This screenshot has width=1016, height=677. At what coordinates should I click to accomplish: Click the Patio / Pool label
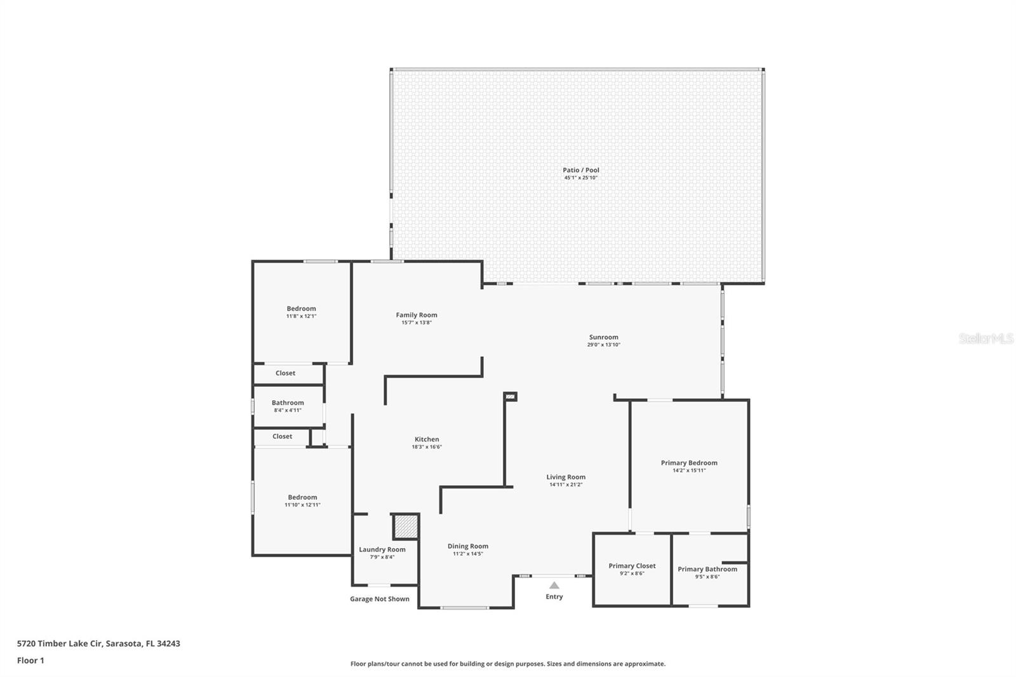(580, 170)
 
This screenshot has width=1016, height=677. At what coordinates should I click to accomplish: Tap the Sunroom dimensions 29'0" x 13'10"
(603, 345)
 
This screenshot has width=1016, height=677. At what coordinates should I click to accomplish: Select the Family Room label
(417, 315)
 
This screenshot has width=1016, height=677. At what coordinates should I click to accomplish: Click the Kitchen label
(427, 439)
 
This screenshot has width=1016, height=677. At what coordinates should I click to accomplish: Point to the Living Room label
(566, 477)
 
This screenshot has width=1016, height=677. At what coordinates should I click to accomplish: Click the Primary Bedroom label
(689, 463)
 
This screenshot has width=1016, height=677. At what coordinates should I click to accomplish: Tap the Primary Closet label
(632, 566)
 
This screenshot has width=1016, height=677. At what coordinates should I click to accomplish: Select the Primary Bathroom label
(707, 569)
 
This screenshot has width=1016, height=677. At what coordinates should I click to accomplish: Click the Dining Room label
(468, 546)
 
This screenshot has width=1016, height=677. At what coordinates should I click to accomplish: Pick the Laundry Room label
(382, 550)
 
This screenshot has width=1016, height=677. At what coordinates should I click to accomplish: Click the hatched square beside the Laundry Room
(405, 526)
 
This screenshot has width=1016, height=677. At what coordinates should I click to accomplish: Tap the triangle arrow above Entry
(554, 586)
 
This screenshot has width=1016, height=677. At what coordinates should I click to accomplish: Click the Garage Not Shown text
(380, 599)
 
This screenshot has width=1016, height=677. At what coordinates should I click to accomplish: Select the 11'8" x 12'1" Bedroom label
(301, 309)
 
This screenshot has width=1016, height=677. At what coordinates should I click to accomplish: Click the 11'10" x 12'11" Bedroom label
(302, 497)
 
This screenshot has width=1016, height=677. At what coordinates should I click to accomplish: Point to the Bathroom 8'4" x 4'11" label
(288, 403)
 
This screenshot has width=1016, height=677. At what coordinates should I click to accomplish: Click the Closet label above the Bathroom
(285, 373)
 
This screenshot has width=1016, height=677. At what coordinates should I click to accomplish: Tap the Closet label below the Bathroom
(283, 436)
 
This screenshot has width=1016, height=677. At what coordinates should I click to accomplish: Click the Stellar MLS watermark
(986, 339)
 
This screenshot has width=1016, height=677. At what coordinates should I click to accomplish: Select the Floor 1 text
(30, 660)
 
